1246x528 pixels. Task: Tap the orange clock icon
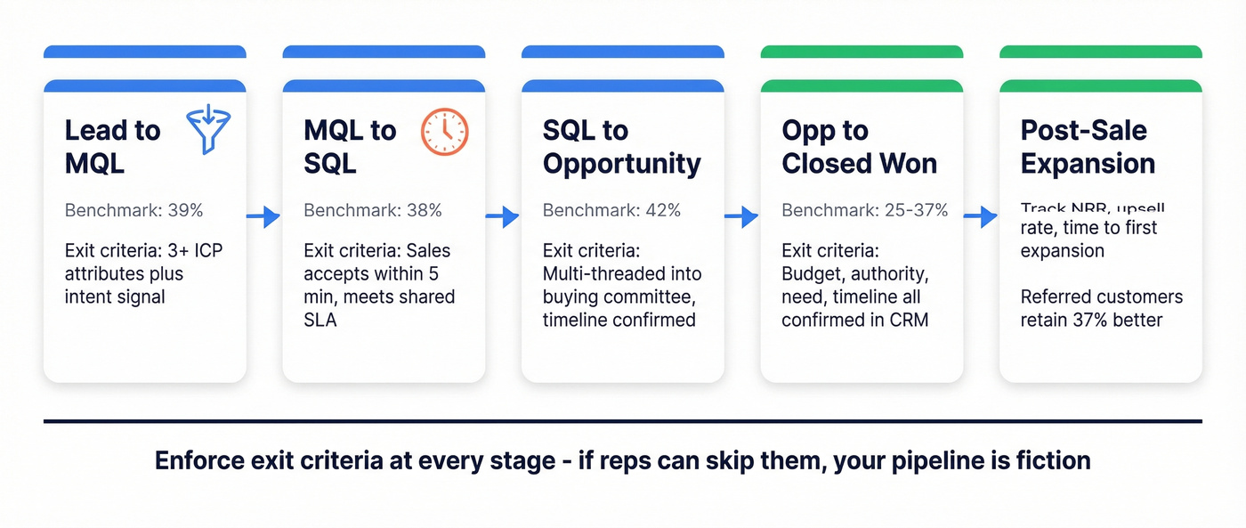(x=444, y=132)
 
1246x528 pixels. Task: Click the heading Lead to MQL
(x=112, y=147)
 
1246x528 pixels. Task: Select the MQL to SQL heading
(x=350, y=147)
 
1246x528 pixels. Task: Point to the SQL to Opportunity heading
(x=621, y=147)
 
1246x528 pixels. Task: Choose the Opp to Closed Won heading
(x=859, y=147)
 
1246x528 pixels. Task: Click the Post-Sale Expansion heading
(x=1088, y=147)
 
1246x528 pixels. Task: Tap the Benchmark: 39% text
(x=133, y=211)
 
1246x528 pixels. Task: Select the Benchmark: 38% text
(x=372, y=211)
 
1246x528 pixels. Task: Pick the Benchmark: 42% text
(x=611, y=211)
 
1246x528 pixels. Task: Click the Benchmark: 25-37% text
(x=864, y=211)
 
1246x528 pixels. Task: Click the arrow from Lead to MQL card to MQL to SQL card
(x=263, y=215)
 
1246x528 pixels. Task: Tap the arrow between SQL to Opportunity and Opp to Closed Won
(x=741, y=215)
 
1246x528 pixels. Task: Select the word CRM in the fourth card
(x=909, y=320)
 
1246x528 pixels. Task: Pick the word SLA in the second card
(x=320, y=320)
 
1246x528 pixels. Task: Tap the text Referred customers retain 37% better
(x=1101, y=308)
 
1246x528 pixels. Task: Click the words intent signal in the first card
(x=115, y=296)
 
